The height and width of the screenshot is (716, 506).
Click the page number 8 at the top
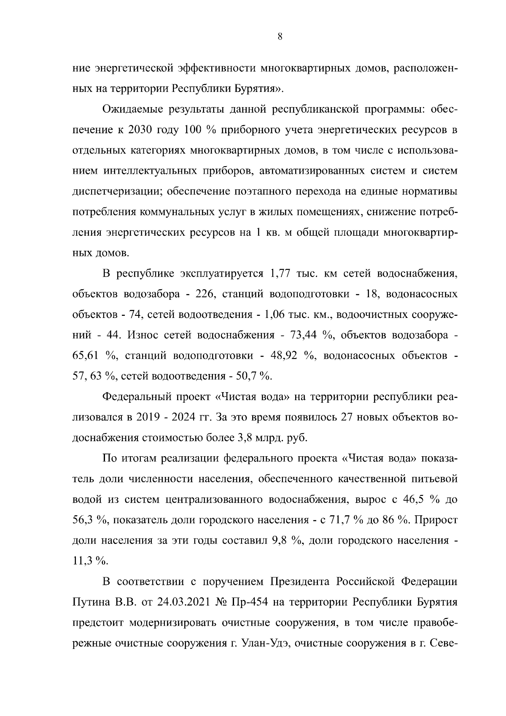click(x=280, y=37)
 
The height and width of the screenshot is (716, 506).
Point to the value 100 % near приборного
click(x=200, y=130)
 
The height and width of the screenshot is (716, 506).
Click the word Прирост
click(x=436, y=520)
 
